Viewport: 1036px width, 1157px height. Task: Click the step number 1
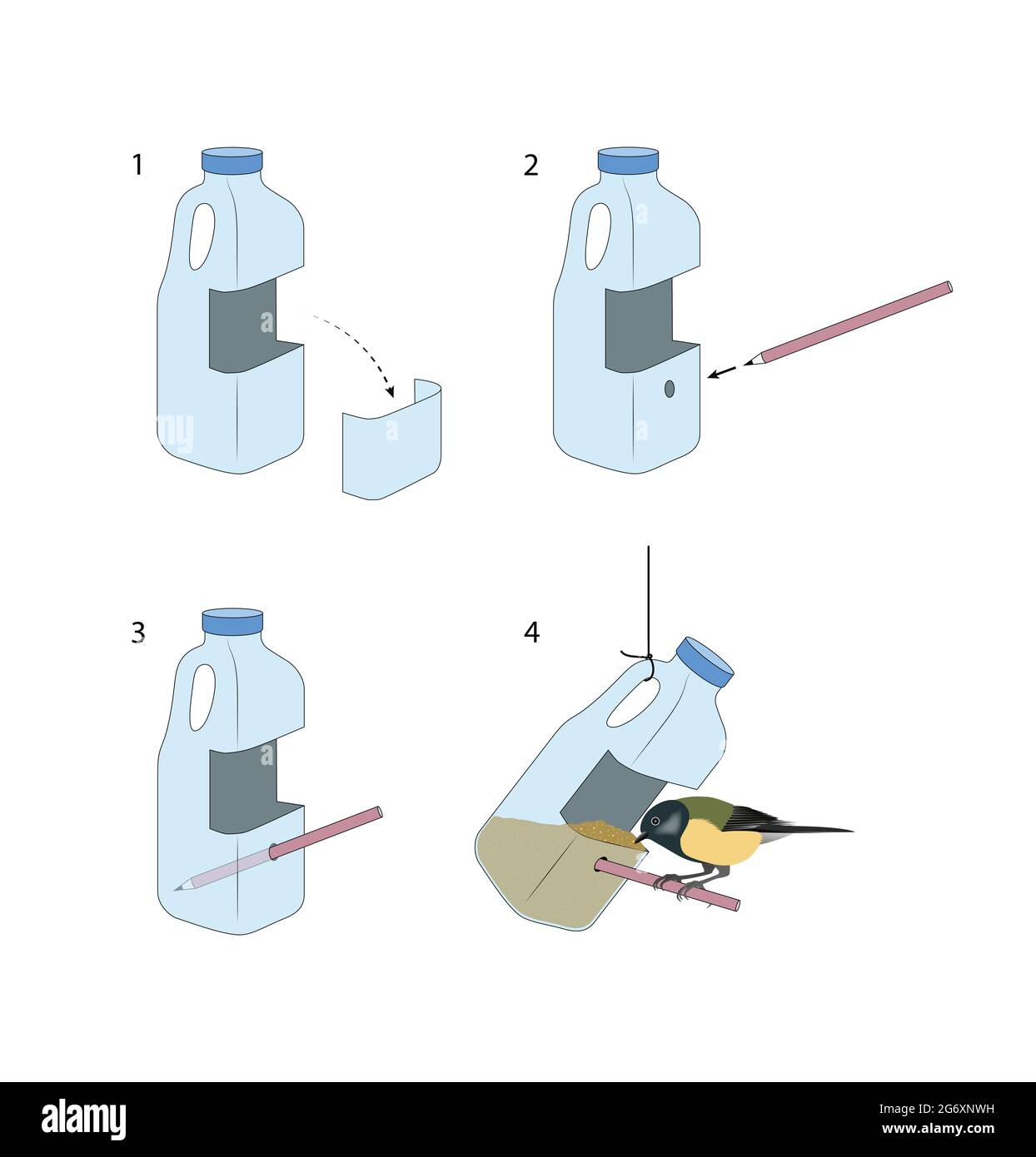point(137,165)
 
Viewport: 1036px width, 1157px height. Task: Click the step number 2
point(531,165)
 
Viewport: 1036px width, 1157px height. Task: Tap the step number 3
point(137,633)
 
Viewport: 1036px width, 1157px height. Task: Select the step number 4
point(531,633)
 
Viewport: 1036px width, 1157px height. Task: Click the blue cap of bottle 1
point(232,161)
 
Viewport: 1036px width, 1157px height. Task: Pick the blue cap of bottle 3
point(232,621)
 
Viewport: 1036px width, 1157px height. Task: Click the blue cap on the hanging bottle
point(704,663)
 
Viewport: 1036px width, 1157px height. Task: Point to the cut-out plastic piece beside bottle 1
point(391,441)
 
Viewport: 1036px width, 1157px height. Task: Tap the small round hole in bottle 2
point(670,389)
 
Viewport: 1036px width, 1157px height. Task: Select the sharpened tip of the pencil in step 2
point(753,361)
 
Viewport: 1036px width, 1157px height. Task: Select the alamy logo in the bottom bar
point(84,1120)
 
